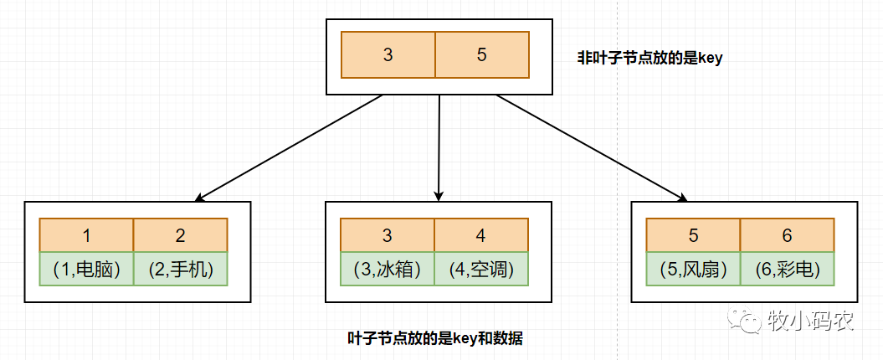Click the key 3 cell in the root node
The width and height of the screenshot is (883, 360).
[388, 54]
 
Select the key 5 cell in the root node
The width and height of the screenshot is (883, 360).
[482, 54]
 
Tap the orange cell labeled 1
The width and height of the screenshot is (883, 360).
[86, 235]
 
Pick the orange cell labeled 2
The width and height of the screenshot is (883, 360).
[180, 235]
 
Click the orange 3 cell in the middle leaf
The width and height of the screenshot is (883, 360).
[388, 235]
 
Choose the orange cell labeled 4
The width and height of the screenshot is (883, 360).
[481, 235]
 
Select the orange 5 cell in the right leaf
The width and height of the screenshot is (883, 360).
[693, 235]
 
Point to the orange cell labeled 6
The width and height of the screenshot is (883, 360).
[788, 235]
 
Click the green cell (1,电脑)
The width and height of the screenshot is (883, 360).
[86, 269]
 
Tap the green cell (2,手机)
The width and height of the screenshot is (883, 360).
[180, 269]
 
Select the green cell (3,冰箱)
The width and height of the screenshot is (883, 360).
[388, 269]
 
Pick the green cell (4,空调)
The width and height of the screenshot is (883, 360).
[481, 269]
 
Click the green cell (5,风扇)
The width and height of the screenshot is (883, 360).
[693, 269]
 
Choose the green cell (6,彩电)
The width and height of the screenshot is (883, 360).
[788, 269]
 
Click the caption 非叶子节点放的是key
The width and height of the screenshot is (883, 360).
[649, 58]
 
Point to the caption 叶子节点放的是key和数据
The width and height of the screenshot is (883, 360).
[435, 338]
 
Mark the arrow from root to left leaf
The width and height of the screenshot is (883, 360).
[288, 147]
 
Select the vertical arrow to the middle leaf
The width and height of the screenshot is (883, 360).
[439, 147]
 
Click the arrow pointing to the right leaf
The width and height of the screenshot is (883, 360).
[592, 147]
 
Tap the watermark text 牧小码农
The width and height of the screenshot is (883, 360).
[809, 319]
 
